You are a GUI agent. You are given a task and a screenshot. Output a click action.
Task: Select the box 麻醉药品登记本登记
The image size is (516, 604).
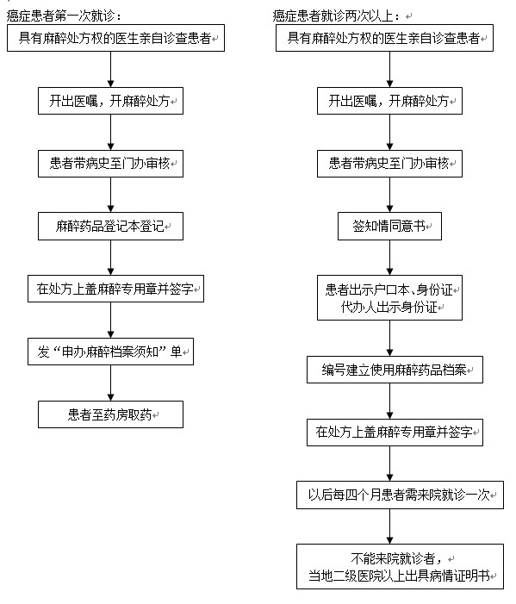pyautogui.click(x=110, y=226)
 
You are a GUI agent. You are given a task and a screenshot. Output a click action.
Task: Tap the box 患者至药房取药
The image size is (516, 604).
pyautogui.click(x=110, y=414)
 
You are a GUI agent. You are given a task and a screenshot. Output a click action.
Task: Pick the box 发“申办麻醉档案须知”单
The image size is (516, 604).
pyautogui.click(x=110, y=352)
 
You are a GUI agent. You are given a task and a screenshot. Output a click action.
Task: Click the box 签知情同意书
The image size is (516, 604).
pyautogui.click(x=389, y=226)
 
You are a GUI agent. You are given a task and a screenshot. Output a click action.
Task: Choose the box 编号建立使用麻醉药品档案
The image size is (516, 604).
pyautogui.click(x=395, y=370)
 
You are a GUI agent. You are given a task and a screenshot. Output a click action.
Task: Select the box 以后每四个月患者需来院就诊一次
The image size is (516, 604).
pyautogui.click(x=400, y=495)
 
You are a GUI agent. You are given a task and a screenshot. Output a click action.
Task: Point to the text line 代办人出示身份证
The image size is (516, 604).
pyautogui.click(x=389, y=307)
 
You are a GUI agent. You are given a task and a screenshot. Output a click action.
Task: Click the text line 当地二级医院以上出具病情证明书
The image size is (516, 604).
pyautogui.click(x=400, y=576)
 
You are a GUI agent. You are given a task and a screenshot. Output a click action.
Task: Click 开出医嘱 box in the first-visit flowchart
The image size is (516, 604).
pyautogui.click(x=110, y=101)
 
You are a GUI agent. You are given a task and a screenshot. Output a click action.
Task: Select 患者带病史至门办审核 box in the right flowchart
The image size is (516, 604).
pyautogui.click(x=389, y=164)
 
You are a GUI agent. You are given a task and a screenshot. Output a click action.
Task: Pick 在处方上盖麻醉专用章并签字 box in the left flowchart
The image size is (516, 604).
pyautogui.click(x=115, y=289)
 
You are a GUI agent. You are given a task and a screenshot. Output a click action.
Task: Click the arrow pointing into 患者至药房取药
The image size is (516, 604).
pyautogui.click(x=110, y=383)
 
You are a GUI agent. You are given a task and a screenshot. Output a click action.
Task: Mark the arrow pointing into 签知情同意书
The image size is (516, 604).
pyautogui.click(x=389, y=195)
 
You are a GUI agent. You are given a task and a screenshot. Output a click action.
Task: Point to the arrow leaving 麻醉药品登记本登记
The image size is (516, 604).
pyautogui.click(x=110, y=258)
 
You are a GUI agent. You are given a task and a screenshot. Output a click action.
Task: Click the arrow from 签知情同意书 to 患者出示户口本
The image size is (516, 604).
pyautogui.click(x=389, y=258)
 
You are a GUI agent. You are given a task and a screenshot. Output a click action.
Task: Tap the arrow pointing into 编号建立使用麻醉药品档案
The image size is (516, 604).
pyautogui.click(x=389, y=339)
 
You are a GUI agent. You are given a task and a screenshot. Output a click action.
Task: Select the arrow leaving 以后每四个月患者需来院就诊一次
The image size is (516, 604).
pyautogui.click(x=389, y=526)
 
